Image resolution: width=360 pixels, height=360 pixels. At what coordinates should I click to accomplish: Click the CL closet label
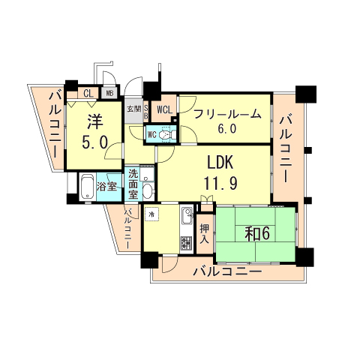[88, 94]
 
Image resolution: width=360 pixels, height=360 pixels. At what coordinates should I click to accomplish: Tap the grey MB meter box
[109, 94]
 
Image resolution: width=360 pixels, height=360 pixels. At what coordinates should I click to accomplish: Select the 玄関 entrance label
[133, 109]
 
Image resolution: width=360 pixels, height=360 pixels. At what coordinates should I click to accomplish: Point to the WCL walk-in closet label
[165, 109]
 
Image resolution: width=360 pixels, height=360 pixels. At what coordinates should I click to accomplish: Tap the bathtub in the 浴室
[87, 184]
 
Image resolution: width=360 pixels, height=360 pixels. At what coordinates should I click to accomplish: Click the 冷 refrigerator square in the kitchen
[151, 214]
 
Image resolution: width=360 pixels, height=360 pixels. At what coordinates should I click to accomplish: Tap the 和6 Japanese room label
[256, 232]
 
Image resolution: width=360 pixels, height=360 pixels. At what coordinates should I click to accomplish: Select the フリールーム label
[228, 114]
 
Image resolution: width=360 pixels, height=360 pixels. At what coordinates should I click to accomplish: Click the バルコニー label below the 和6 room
[226, 271]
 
